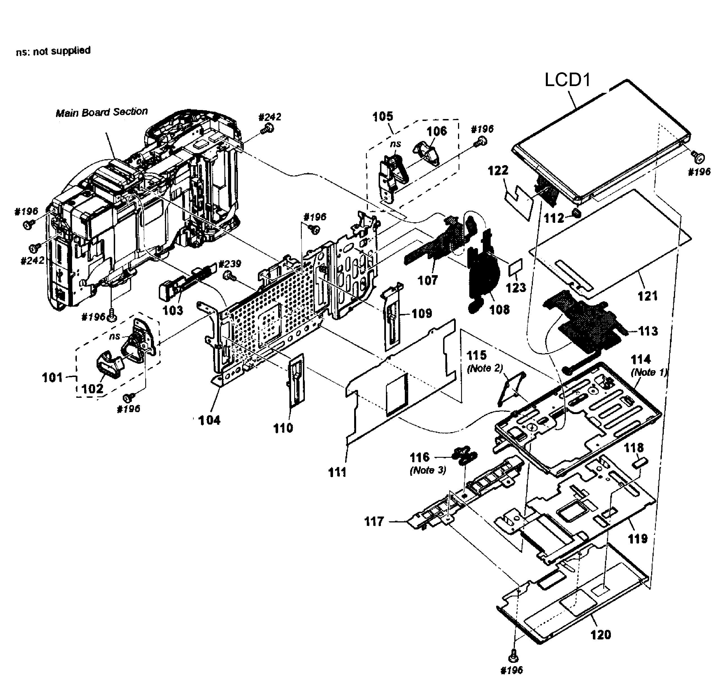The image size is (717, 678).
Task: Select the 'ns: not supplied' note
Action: (x=53, y=51)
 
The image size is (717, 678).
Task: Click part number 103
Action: (x=173, y=310)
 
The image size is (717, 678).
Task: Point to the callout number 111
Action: (x=337, y=472)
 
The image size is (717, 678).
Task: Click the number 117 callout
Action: (x=374, y=522)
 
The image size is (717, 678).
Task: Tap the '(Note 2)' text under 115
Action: (x=485, y=368)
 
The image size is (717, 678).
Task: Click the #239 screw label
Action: (x=230, y=264)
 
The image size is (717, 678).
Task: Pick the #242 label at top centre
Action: (x=270, y=117)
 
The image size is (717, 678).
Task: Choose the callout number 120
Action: (x=600, y=635)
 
